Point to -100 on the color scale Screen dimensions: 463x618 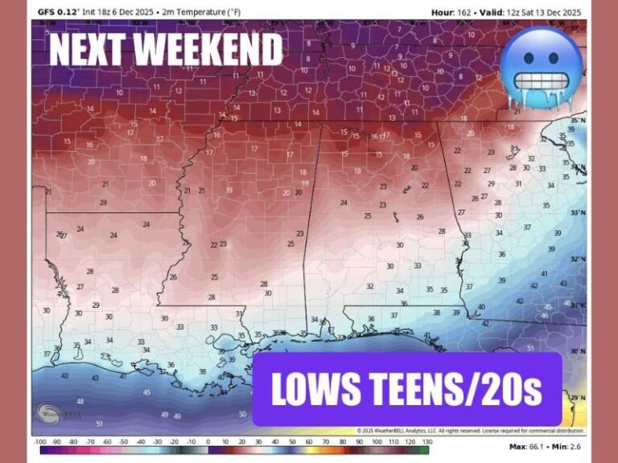pos(39,441)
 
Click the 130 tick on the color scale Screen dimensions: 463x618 pos(426,441)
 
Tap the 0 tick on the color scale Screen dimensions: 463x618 pos(208,441)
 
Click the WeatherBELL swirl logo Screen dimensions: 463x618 pos(48,415)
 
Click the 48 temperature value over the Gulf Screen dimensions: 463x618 pos(80,401)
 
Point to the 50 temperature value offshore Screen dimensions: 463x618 pos(243,414)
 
